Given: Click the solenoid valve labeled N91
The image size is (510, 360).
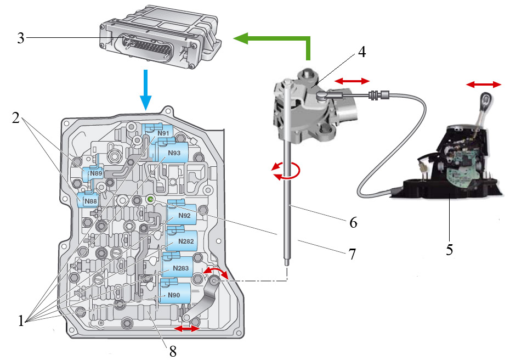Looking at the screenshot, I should click(162, 133).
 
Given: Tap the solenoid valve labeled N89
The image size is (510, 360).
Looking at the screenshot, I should click(97, 173).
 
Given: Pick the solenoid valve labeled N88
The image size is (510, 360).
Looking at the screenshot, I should click(90, 201).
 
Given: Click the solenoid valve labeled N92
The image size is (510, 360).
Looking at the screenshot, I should click(184, 216).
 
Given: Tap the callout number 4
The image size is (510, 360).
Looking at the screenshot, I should click(361, 53).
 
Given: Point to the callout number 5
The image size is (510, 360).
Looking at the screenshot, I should click(449, 249).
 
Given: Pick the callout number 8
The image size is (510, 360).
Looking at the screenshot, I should click(173, 351).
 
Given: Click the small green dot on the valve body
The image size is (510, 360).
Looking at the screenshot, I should click(149, 200).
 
